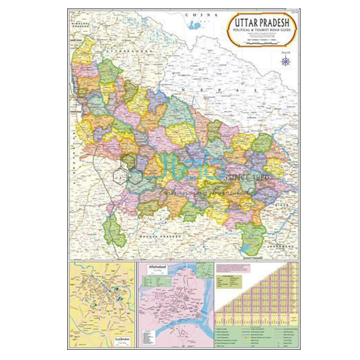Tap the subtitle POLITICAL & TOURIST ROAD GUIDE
[260, 33]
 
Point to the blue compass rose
[284, 61]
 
